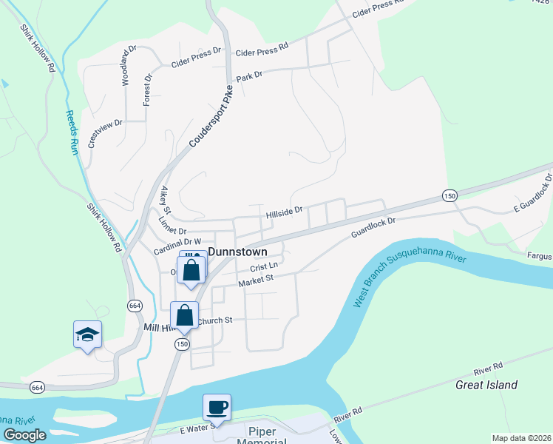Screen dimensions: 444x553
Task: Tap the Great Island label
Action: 486,385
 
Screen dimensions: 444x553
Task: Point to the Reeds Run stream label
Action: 71,132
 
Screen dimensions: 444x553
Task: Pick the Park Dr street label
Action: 250,76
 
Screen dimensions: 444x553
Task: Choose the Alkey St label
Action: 165,201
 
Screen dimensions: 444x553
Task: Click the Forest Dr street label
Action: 148,89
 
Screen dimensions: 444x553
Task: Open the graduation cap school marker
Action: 87,335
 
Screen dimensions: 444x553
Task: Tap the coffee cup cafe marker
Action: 217,407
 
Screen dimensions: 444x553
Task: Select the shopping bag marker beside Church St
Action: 184,314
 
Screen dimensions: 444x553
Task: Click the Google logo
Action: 25,435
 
